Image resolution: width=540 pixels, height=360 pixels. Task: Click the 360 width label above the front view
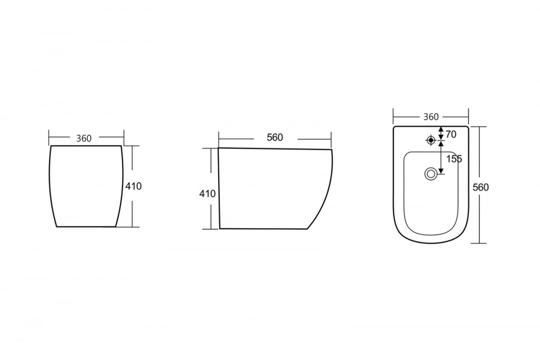(84, 139)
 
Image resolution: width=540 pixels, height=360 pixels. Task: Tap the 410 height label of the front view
(134, 186)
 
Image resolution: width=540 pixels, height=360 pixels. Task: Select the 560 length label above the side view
(275, 137)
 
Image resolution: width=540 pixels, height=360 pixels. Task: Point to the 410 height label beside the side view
(207, 193)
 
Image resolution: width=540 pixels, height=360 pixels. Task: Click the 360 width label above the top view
(431, 117)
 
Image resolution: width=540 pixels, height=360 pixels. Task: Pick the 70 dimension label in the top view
(451, 134)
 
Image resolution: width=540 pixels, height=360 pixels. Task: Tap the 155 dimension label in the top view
(454, 159)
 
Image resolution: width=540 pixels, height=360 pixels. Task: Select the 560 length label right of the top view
(481, 187)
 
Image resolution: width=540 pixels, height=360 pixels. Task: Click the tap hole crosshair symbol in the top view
(431, 140)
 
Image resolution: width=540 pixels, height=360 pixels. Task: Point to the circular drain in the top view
(431, 174)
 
